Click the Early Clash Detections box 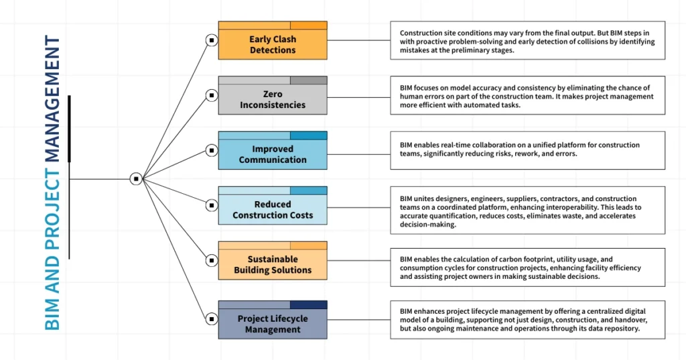pos(273,44)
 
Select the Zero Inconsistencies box pos(273,99)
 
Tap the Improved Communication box pos(273,154)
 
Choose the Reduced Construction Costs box pos(273,209)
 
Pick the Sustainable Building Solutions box pos(273,264)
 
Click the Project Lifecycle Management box pos(273,324)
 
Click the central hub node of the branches pos(136,179)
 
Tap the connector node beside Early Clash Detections pos(211,40)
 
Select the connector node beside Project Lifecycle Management pos(211,319)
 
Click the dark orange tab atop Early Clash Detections pos(308,25)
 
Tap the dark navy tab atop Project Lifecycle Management pos(308,304)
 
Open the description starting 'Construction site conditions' pos(527,41)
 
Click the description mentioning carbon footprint pos(527,267)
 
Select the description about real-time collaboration pos(527,149)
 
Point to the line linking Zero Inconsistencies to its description pos(358,95)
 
